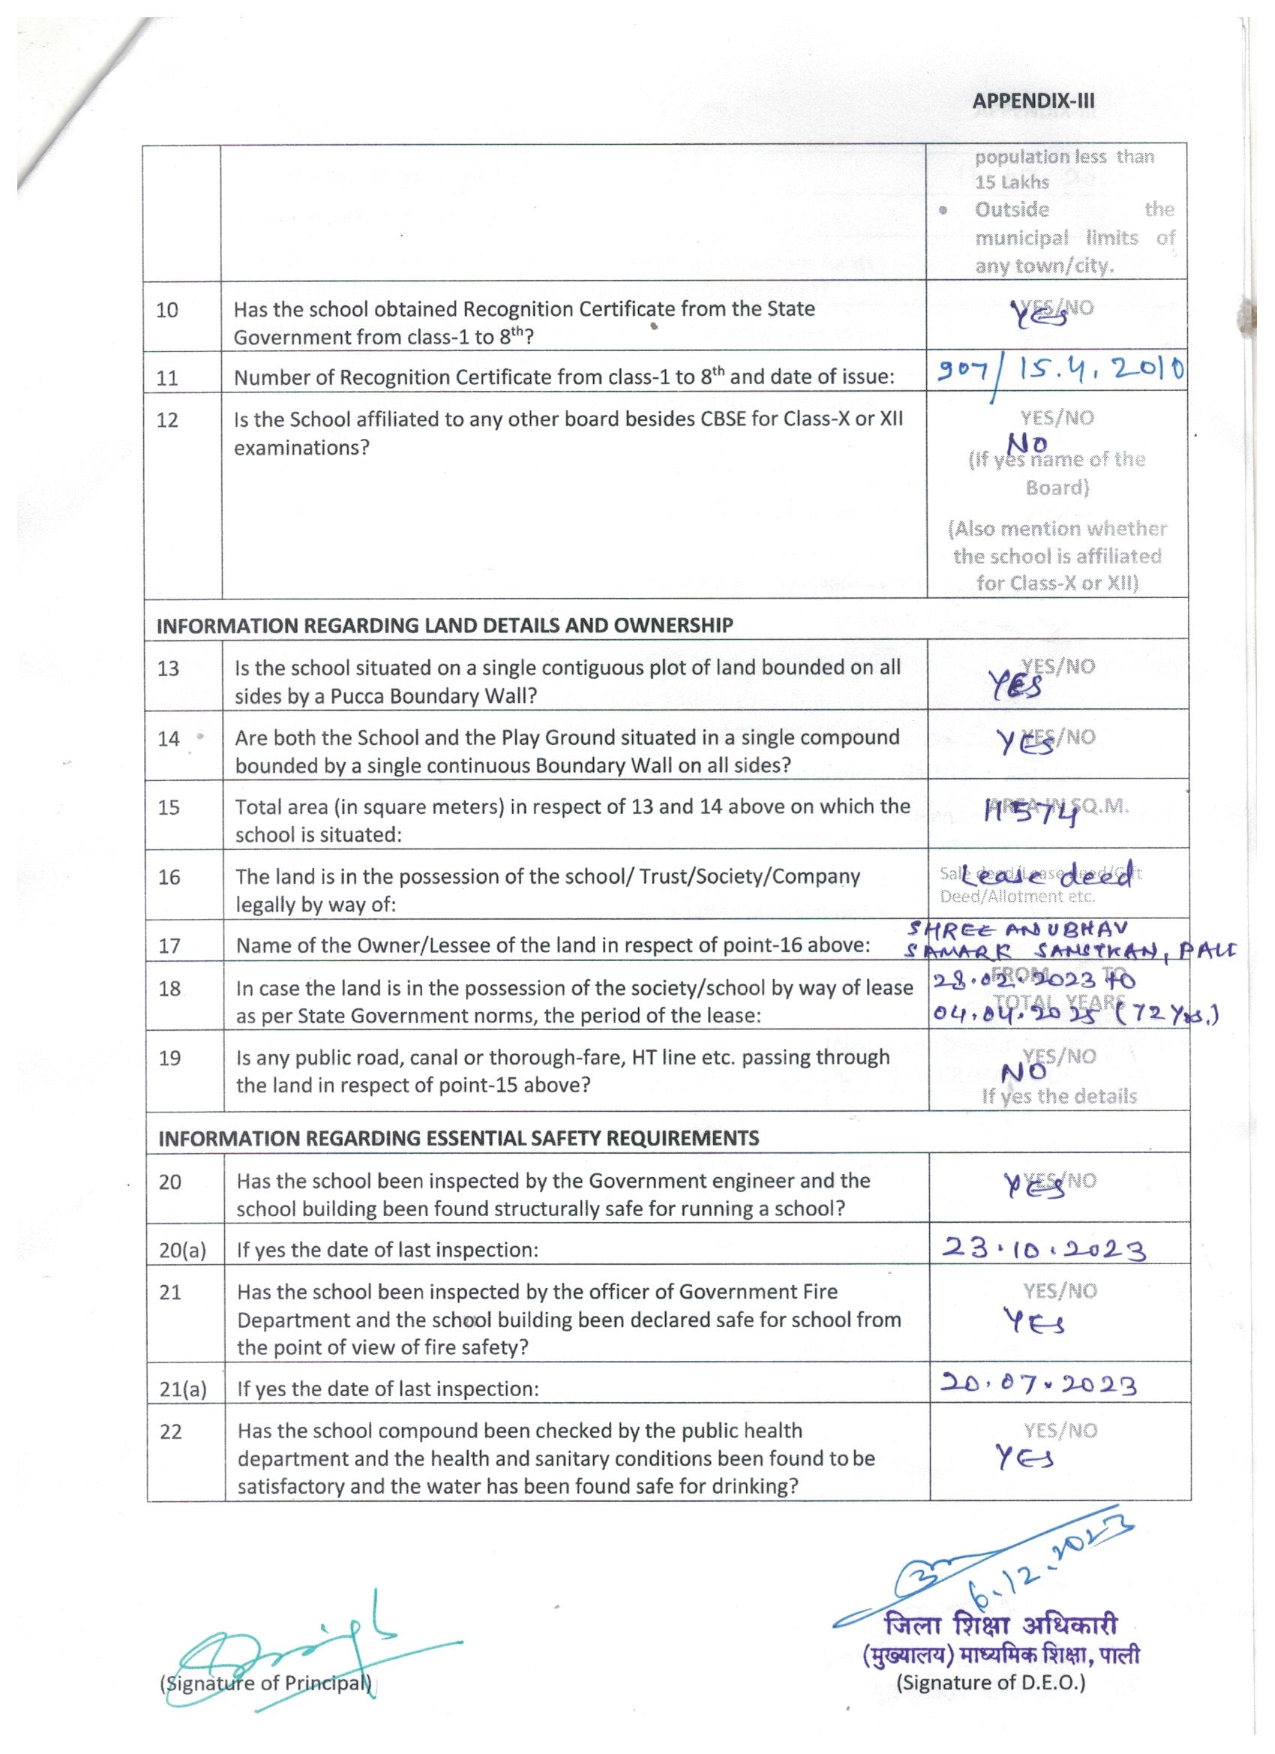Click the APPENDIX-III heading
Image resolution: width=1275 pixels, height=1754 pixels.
click(1033, 101)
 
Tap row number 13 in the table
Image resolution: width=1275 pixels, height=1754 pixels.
click(168, 669)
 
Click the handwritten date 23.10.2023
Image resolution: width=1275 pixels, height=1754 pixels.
click(1043, 1251)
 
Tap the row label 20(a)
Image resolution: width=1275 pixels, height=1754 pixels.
click(182, 1251)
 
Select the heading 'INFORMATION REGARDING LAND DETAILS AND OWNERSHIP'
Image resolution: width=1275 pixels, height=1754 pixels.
click(445, 626)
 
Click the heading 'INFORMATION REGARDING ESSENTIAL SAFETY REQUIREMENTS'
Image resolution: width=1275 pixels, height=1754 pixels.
click(458, 1137)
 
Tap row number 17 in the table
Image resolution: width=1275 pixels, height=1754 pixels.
click(169, 946)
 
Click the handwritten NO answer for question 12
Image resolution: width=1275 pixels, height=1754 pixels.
click(1028, 444)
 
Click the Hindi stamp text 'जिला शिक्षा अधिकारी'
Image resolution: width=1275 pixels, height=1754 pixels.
click(1001, 1625)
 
